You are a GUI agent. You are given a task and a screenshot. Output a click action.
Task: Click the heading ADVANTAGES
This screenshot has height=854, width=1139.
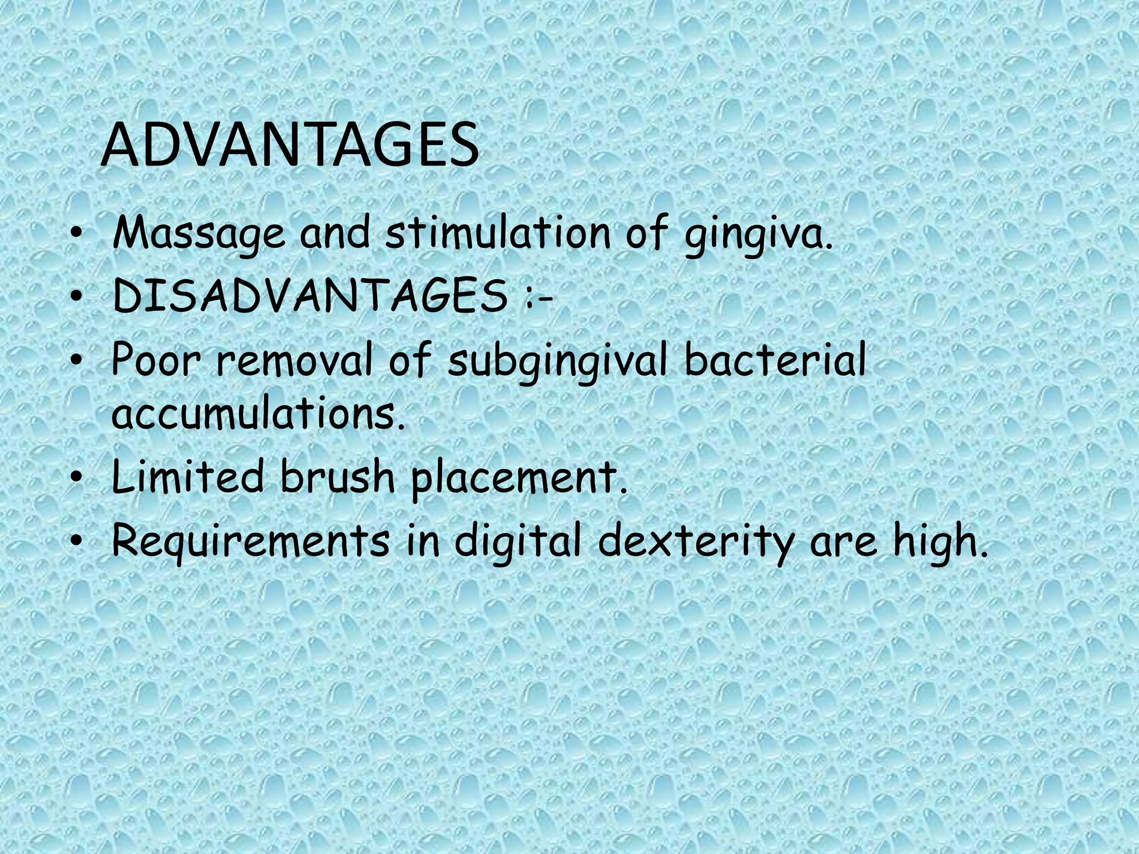(290, 146)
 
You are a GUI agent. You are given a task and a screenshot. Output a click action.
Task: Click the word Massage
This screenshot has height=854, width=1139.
(198, 235)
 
